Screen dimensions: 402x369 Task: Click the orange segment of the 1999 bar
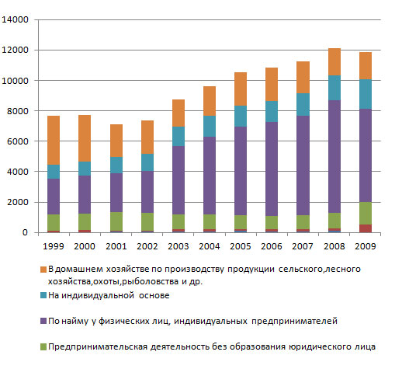[x=54, y=140]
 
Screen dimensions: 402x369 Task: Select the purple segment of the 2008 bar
[x=334, y=156]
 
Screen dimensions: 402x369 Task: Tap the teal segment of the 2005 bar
[x=241, y=116]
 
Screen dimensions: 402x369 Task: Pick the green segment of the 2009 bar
[x=366, y=213]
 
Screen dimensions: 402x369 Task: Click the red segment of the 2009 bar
[x=366, y=228]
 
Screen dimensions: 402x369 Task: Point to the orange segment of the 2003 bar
[x=178, y=113]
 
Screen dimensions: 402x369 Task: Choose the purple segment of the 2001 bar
[x=116, y=193]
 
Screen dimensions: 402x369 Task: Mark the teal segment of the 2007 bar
[x=303, y=104]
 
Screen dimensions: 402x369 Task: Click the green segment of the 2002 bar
[x=147, y=221]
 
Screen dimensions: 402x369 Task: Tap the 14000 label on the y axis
[x=15, y=19]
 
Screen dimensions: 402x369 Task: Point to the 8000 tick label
[x=18, y=111]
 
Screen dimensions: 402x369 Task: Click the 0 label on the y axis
[x=25, y=232]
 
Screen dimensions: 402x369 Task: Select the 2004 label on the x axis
[x=210, y=246]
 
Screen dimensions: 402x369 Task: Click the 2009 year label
[x=366, y=246]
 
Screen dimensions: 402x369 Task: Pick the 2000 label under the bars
[x=85, y=246]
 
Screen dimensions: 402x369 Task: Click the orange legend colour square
[x=43, y=270]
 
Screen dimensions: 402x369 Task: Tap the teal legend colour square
[x=43, y=295]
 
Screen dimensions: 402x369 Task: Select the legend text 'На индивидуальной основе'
[x=109, y=295]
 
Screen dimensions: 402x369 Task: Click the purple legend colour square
[x=43, y=321]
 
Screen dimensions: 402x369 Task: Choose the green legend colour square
[x=43, y=346]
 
